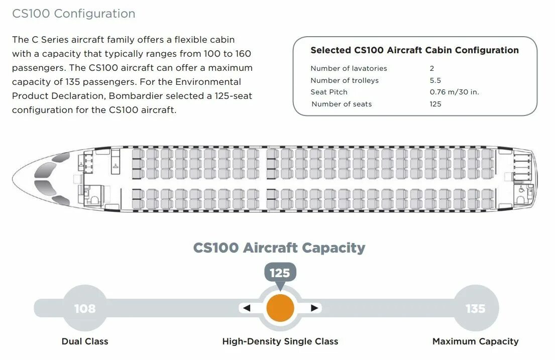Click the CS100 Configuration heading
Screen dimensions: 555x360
point(74,14)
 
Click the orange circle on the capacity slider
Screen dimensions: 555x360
point(280,308)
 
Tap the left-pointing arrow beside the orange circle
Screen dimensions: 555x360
point(246,308)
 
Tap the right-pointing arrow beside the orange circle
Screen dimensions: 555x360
point(314,308)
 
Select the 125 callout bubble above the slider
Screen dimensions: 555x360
point(280,273)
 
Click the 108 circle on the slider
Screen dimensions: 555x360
point(85,308)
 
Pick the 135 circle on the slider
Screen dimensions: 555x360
point(475,308)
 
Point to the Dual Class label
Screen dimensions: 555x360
point(85,341)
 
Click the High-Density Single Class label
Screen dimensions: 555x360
point(280,341)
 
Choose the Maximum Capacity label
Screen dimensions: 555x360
point(475,341)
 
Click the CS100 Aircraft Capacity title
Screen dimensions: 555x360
point(279,248)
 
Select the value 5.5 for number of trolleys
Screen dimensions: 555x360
point(435,80)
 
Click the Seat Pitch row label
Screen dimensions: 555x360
point(328,92)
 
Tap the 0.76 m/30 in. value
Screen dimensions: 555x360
point(454,92)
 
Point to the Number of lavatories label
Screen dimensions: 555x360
point(349,68)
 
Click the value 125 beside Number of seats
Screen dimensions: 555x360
point(435,104)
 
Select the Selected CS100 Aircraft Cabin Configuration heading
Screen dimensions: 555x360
point(414,50)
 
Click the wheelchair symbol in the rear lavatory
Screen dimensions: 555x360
point(521,189)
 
